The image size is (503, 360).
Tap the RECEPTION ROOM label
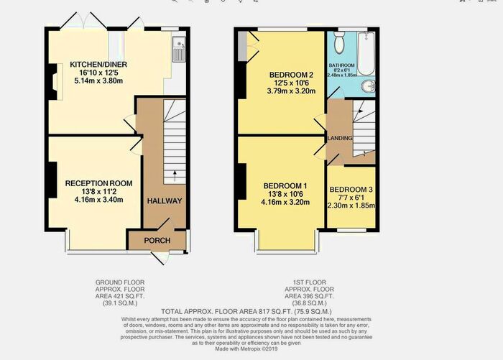point(98,183)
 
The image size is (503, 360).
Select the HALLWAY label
point(165,201)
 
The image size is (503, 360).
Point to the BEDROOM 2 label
point(292,74)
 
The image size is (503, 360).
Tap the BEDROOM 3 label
point(351,191)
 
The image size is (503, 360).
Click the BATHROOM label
point(342,65)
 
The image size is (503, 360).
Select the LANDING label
point(339,138)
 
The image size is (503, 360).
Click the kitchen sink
point(178,50)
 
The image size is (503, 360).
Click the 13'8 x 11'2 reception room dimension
point(98,192)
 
